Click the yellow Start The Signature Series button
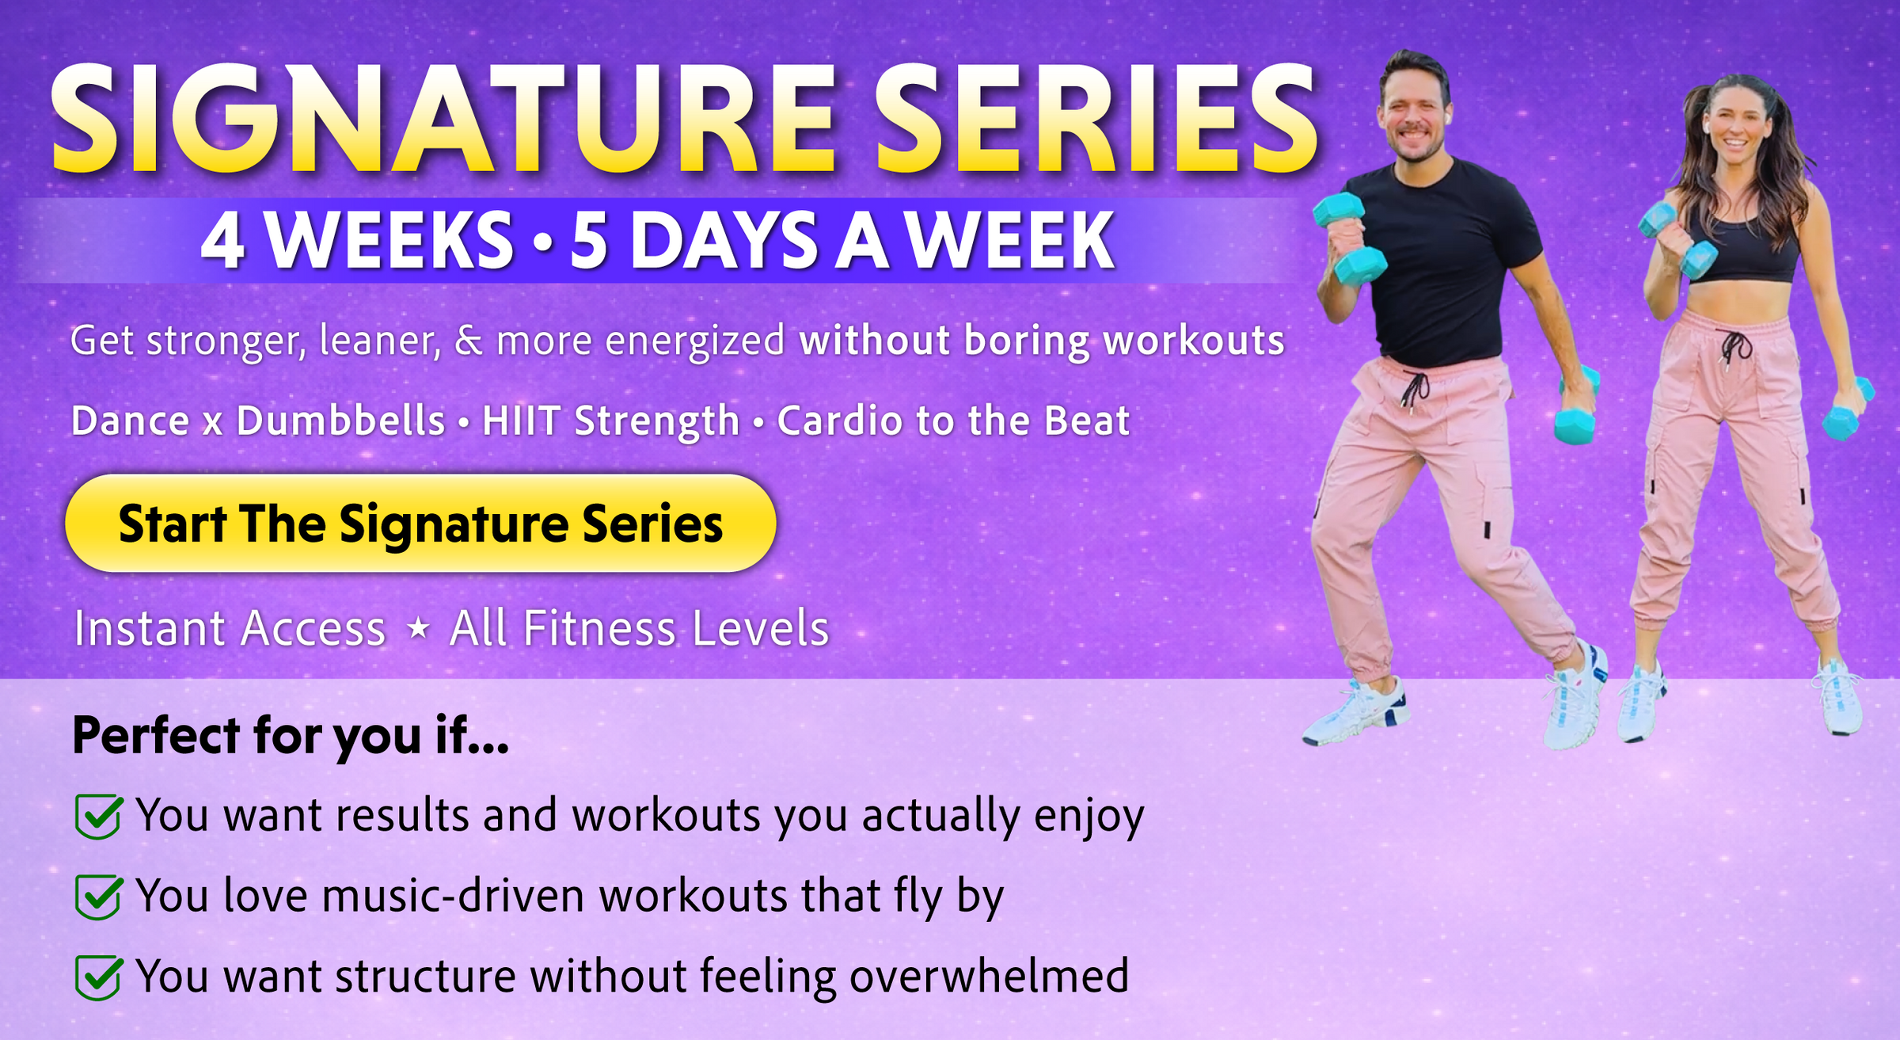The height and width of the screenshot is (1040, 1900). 420,524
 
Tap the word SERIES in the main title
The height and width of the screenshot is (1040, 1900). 1096,119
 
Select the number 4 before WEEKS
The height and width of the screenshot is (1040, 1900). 222,241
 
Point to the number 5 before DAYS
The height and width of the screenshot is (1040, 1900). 589,242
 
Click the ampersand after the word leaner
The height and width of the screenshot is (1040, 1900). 469,341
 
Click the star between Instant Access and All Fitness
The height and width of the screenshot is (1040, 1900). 418,629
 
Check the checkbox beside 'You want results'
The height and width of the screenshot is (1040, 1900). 98,816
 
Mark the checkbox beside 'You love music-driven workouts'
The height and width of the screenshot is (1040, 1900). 98,897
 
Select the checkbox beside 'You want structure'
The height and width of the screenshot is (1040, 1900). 98,977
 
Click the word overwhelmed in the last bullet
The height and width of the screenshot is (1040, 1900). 989,975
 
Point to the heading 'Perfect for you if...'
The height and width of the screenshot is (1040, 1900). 291,737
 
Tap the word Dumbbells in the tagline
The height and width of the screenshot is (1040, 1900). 340,420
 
